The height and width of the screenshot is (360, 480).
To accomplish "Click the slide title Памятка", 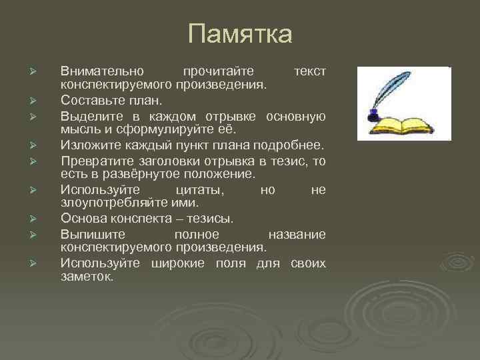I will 240,34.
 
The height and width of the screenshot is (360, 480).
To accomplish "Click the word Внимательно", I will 97,70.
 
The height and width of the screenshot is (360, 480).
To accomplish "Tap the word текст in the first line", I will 309,70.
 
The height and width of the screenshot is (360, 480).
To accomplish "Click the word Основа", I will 81,218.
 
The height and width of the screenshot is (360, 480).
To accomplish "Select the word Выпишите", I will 87,234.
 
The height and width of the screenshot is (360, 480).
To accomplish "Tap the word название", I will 297,234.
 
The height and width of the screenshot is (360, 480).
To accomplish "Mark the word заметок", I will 87,276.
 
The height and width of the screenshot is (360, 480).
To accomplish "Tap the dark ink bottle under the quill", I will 374,117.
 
